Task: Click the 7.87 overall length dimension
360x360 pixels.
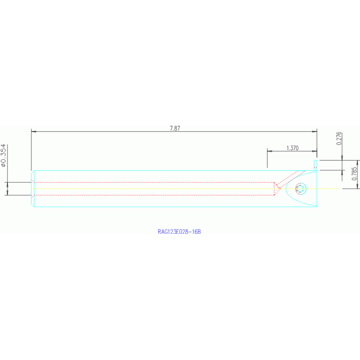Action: [175, 128]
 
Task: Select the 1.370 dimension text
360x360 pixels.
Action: [292, 148]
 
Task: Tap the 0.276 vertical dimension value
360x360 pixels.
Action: [339, 138]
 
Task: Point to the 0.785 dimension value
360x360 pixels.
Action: [354, 174]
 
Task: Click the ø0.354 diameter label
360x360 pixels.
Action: [3, 155]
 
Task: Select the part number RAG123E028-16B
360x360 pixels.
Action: [179, 232]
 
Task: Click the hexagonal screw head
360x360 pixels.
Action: [300, 189]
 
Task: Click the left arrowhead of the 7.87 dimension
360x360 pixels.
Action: [33, 131]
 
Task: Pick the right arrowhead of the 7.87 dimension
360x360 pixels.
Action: [314, 131]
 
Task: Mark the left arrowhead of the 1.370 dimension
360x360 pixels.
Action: [269, 151]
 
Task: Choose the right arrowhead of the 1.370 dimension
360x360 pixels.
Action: [314, 151]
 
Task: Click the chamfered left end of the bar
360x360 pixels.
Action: [32, 189]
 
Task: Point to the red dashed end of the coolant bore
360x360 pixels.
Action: [275, 189]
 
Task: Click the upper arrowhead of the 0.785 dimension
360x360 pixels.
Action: [357, 163]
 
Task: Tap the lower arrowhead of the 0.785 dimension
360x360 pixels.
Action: [357, 186]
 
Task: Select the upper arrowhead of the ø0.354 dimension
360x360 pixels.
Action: [8, 185]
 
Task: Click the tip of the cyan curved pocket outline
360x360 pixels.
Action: [286, 189]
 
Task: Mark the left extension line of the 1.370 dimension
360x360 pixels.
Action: [267, 158]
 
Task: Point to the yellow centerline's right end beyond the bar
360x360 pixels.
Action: [339, 189]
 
